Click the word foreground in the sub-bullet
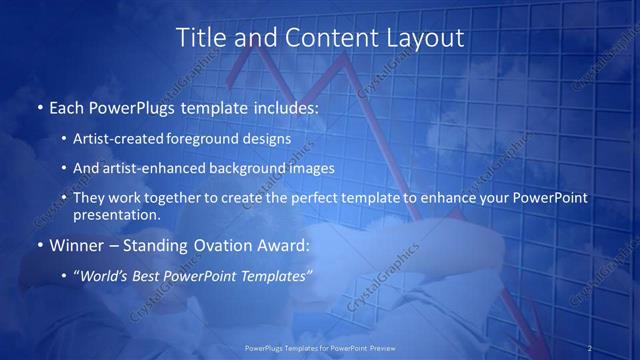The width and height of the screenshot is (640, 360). pyautogui.click(x=216, y=139)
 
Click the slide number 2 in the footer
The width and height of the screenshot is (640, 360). pyautogui.click(x=590, y=348)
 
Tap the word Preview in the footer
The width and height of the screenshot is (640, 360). pyautogui.click(x=381, y=348)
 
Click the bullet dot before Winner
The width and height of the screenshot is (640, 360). pyautogui.click(x=39, y=244)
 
